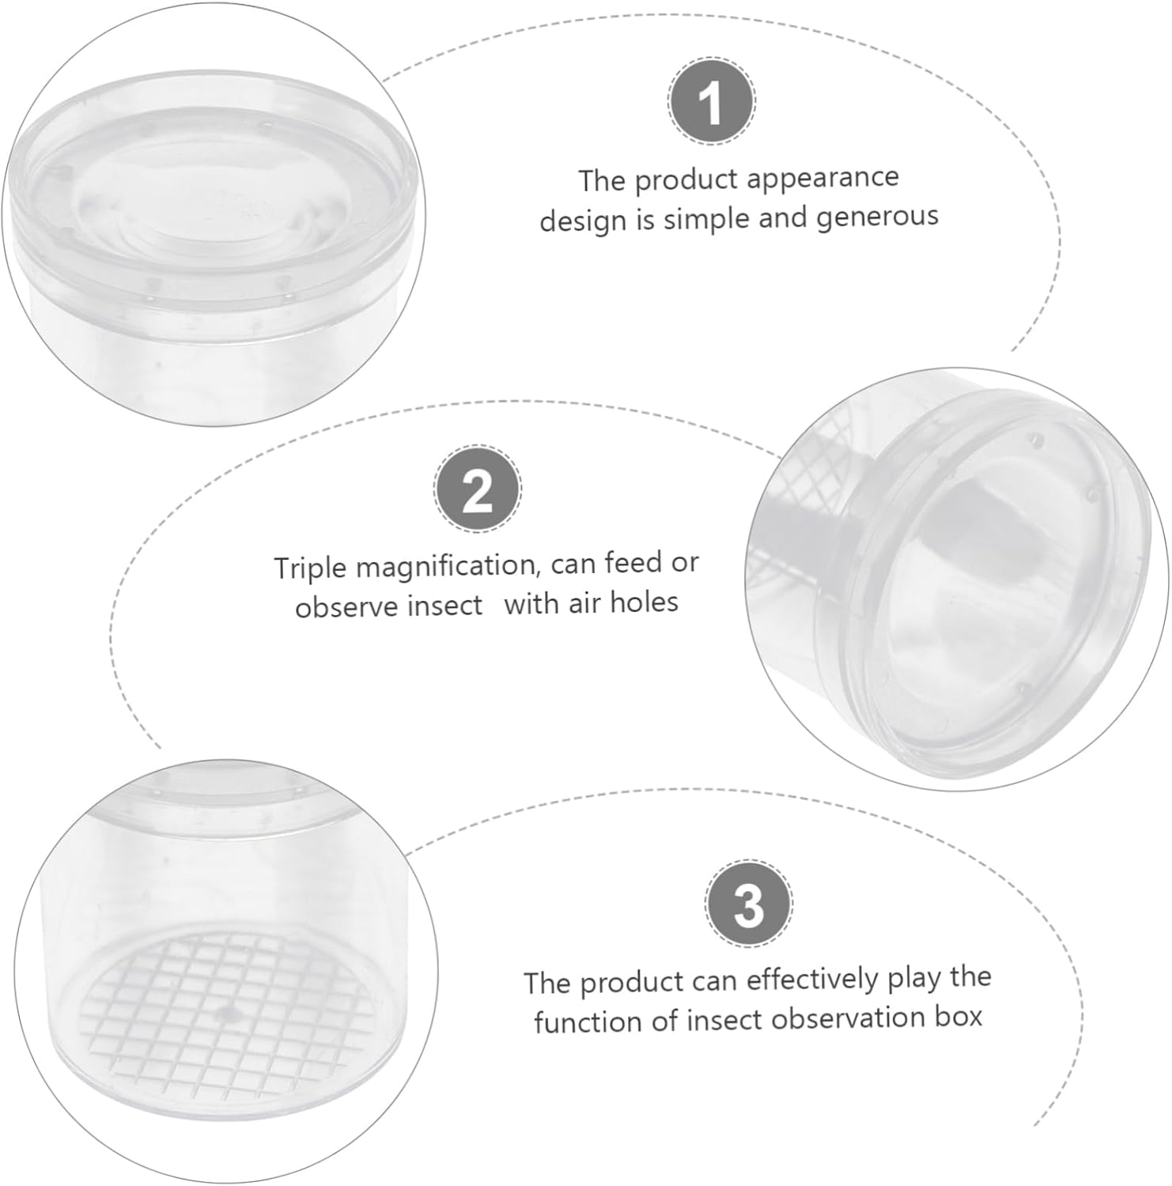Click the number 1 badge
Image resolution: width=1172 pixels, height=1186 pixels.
(x=712, y=101)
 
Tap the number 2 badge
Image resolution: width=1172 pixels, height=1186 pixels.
(x=478, y=489)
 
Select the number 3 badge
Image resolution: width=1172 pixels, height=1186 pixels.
(x=748, y=904)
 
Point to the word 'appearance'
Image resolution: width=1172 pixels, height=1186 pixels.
(x=822, y=179)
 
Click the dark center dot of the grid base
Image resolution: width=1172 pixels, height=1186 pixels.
(x=229, y=1013)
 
